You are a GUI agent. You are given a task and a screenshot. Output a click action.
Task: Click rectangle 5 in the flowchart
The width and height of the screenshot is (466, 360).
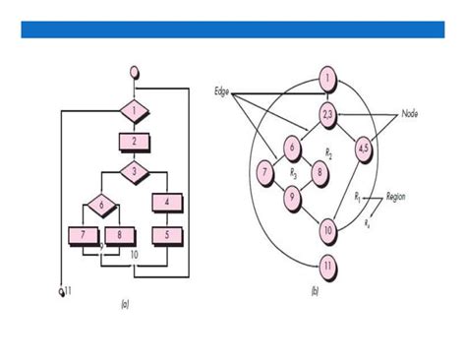(167, 236)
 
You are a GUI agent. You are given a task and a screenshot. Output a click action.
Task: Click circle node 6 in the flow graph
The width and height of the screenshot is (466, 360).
(291, 149)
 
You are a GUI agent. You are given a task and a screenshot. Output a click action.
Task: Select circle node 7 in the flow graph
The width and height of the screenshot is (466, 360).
(264, 173)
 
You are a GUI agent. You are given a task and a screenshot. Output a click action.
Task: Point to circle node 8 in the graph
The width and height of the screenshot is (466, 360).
(318, 173)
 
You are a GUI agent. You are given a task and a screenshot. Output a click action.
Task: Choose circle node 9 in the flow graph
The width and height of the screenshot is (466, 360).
(291, 196)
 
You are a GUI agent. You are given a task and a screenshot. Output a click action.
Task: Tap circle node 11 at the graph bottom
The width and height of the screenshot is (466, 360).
(327, 264)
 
